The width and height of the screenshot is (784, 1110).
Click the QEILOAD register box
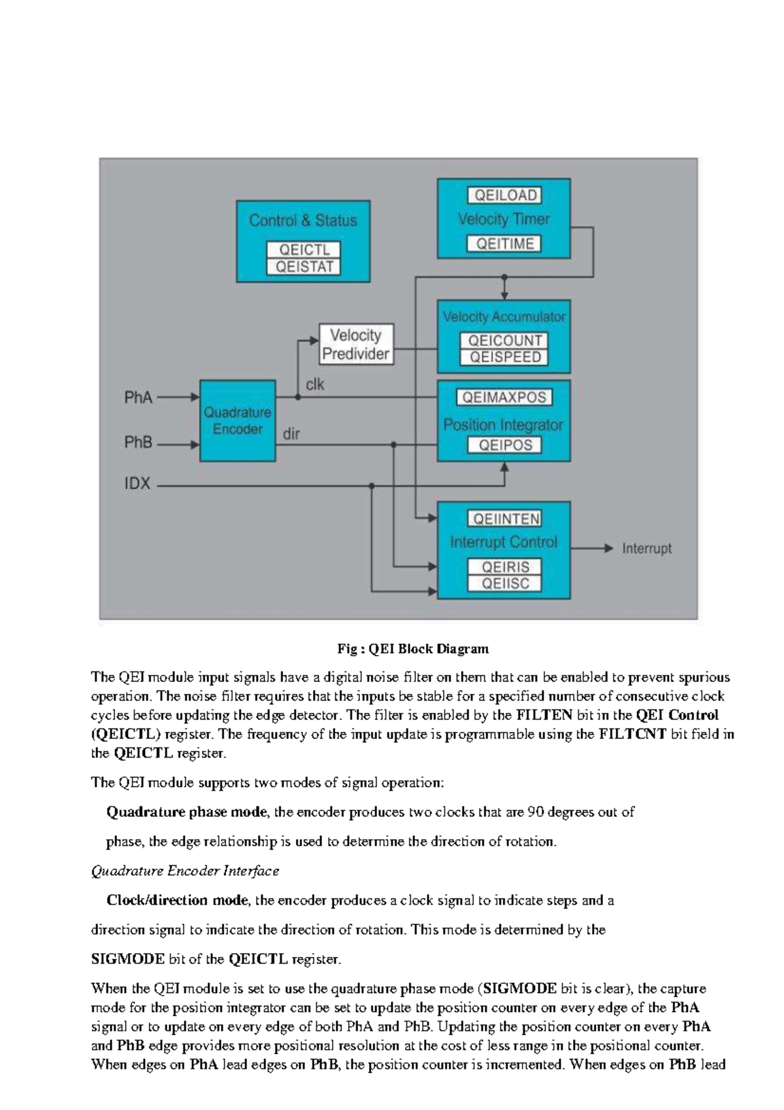pos(504,195)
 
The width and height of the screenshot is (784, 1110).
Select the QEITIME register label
pos(504,244)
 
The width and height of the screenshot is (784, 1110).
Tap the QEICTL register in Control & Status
pos(304,250)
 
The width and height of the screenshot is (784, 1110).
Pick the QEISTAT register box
pos(304,267)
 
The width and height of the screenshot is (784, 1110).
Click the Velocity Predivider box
pos(356,345)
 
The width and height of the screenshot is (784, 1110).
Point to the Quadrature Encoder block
pos(237,421)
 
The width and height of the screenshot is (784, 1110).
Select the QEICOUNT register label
pos(504,341)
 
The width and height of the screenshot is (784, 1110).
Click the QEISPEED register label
pos(504,357)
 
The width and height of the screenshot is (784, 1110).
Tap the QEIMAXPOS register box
pos(504,397)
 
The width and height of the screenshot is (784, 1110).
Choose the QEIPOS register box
pos(504,445)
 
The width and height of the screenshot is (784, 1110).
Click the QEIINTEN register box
pos(504,519)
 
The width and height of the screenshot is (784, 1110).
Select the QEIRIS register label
pos(504,567)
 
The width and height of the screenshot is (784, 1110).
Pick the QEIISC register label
pos(504,583)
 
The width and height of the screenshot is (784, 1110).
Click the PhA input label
pos(139,397)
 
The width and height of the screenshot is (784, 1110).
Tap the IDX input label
pos(137,484)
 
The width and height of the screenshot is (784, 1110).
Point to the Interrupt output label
pos(646,549)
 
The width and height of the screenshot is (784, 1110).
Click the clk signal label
pos(315,384)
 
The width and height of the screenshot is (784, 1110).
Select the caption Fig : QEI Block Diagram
pos(412,649)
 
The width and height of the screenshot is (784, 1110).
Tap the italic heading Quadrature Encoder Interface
pos(185,871)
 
